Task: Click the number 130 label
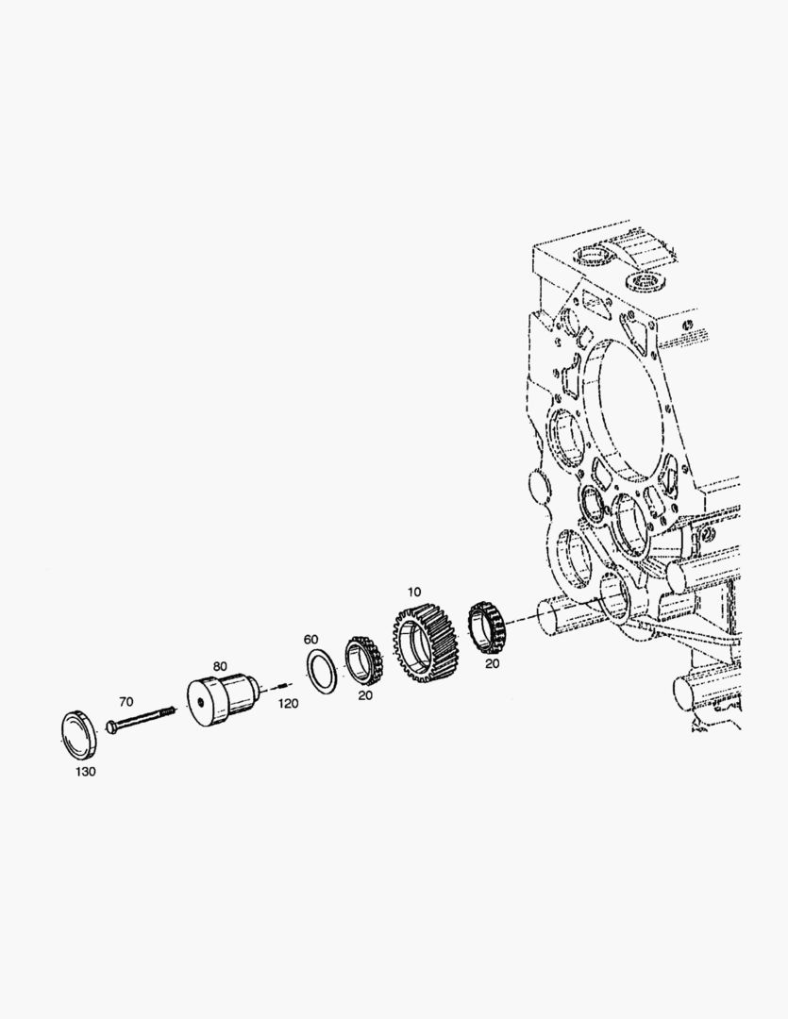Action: (x=86, y=772)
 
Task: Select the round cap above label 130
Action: (x=78, y=735)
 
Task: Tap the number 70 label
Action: (x=126, y=701)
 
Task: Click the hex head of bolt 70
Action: (x=110, y=727)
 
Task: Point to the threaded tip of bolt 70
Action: (x=171, y=711)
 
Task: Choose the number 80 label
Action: (x=221, y=666)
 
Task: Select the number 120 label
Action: (x=289, y=703)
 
